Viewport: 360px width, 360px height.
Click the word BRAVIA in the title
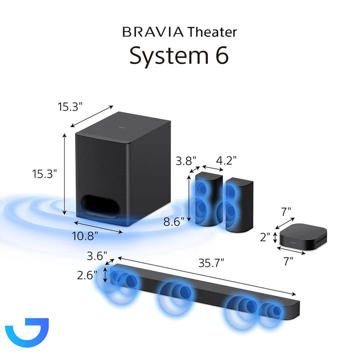(153, 32)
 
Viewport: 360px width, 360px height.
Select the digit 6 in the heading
(220, 55)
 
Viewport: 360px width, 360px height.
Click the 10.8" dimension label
(85, 236)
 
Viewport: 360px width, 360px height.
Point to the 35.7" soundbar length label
(211, 263)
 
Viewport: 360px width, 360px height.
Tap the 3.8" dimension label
(186, 161)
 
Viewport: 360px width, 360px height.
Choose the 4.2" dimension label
(226, 160)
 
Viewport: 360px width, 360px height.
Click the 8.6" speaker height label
(174, 222)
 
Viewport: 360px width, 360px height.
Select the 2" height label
(265, 237)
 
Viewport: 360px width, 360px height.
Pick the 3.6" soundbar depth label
(97, 256)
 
